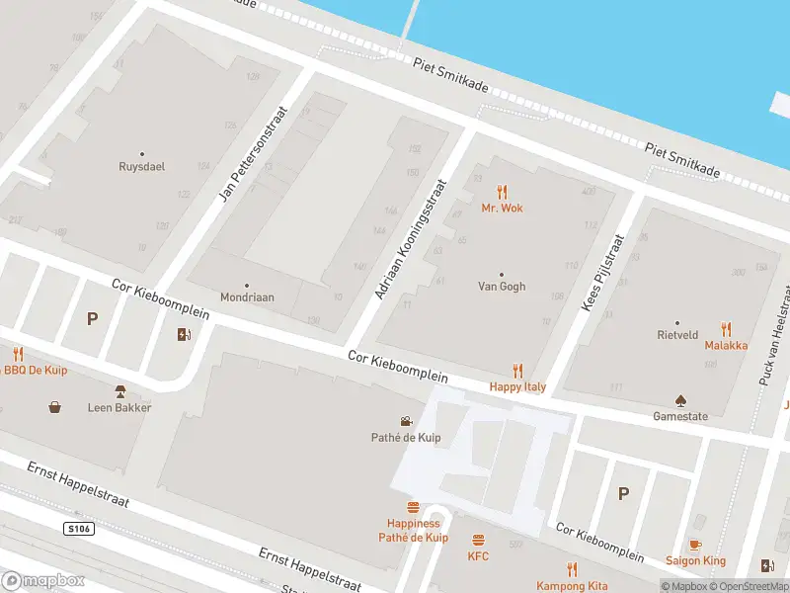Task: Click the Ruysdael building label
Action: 141,166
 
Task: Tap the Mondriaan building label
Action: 247,296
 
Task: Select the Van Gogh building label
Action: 502,287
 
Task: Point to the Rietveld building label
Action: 677,335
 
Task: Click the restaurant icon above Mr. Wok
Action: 502,192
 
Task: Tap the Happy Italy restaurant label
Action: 517,386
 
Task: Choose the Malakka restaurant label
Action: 726,345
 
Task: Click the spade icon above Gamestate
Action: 680,400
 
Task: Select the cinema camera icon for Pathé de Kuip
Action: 406,421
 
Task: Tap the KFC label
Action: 478,555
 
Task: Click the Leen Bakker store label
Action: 119,407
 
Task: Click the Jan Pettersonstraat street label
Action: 253,150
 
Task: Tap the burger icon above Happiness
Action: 413,507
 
